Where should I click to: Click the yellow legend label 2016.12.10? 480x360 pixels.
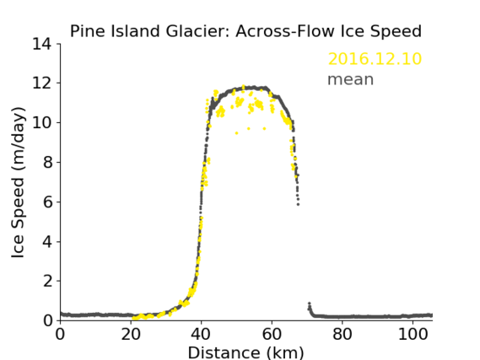(x=375, y=59)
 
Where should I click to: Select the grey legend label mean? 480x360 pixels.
(x=351, y=79)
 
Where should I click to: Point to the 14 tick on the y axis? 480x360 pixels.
(x=42, y=44)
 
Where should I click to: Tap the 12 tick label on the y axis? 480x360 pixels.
(x=42, y=83)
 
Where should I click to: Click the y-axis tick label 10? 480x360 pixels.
(x=42, y=122)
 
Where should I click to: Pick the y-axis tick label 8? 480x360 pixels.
(x=47, y=162)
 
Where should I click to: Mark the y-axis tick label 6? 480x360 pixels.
(x=47, y=201)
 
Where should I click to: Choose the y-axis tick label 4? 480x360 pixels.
(x=47, y=242)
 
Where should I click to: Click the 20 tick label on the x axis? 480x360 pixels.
(x=131, y=334)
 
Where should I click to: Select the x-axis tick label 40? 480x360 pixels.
(x=201, y=334)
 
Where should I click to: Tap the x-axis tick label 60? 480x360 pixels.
(x=272, y=334)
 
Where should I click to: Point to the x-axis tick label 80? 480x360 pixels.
(x=342, y=334)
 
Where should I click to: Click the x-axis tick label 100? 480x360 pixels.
(x=413, y=334)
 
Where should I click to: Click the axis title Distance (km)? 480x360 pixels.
(x=245, y=352)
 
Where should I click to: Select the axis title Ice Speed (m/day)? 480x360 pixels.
(x=18, y=183)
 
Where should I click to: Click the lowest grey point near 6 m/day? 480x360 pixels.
(x=298, y=204)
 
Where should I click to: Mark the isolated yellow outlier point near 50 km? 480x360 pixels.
(x=237, y=133)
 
